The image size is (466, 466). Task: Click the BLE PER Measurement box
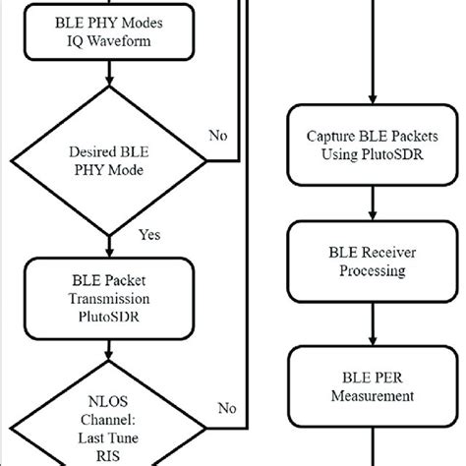368,386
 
